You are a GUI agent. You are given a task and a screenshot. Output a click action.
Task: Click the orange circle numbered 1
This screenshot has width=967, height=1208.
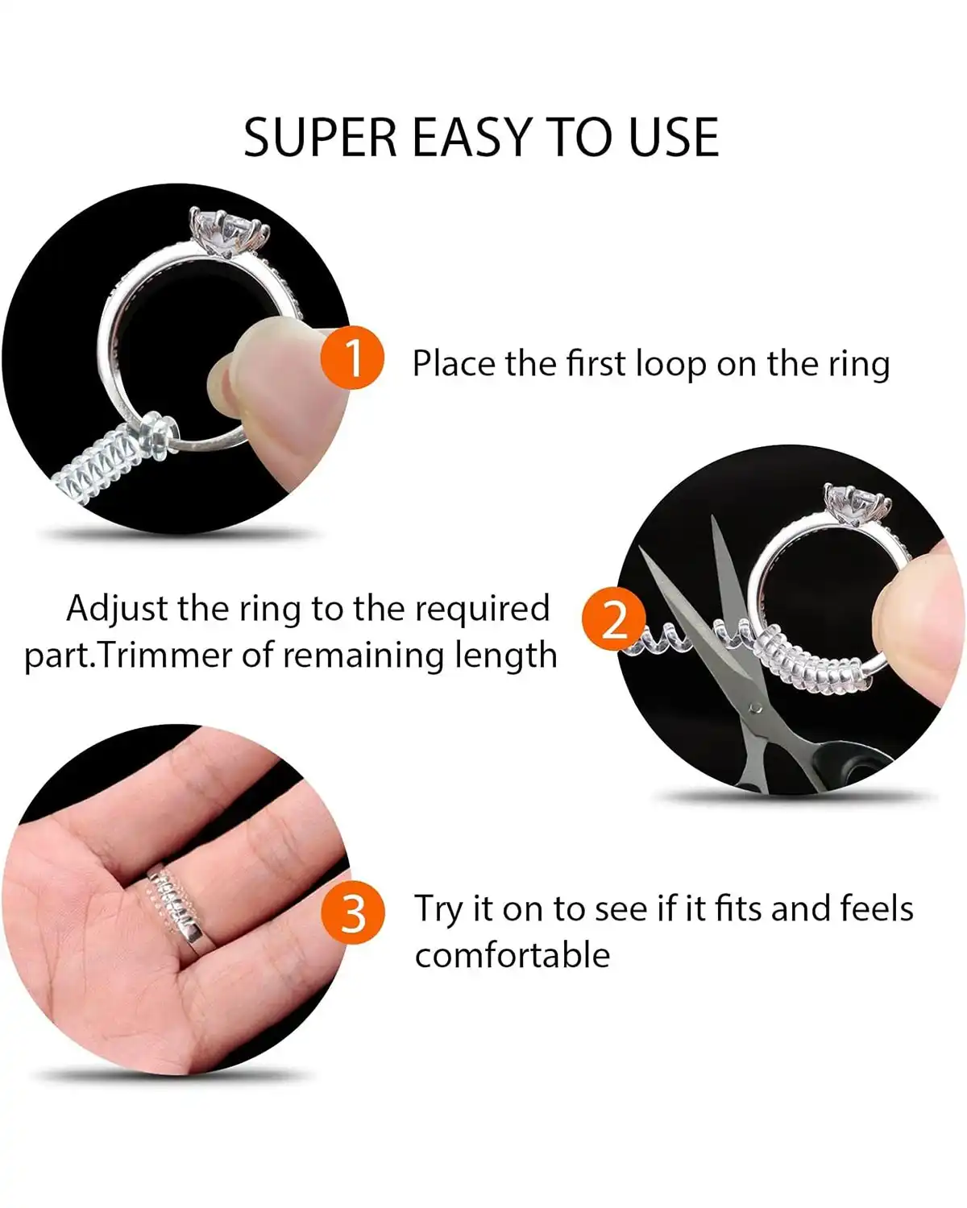click(352, 358)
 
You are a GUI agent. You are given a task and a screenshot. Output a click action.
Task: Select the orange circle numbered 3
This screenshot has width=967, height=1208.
click(352, 914)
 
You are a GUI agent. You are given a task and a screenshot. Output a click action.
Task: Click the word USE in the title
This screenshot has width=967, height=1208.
click(674, 138)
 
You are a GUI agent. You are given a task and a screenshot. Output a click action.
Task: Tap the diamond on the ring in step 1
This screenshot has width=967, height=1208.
click(229, 230)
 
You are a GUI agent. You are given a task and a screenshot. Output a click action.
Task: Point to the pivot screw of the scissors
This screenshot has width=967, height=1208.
click(754, 708)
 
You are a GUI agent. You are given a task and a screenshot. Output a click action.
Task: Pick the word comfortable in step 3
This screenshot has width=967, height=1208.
click(513, 956)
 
